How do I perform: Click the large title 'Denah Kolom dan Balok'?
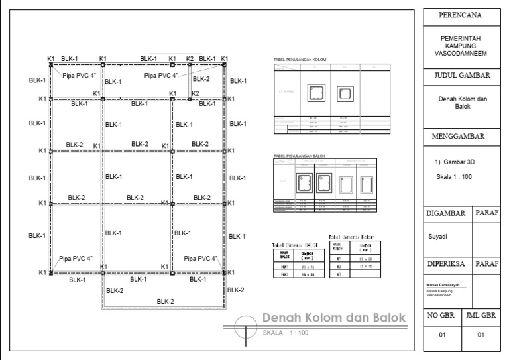[x=333, y=318]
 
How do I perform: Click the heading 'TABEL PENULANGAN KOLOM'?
[x=296, y=60]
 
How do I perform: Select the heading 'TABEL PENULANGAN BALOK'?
[x=296, y=156]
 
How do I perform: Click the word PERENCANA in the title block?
[x=461, y=15]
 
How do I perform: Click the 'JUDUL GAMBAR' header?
[x=461, y=76]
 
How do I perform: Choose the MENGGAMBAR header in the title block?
[x=461, y=137]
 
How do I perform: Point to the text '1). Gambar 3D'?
[x=451, y=162]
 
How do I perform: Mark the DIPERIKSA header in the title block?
[x=447, y=263]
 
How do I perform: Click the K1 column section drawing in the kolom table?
[x=315, y=93]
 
